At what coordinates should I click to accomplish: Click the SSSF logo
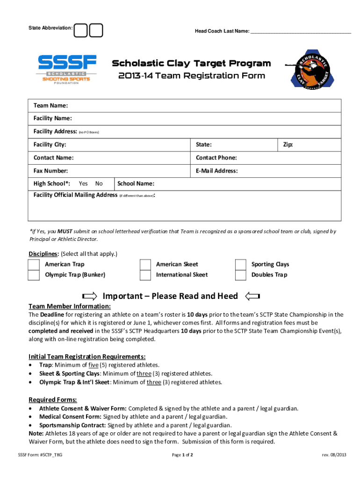(67, 69)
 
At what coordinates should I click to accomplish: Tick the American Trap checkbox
(34, 265)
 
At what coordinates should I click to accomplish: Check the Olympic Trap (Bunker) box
(34, 275)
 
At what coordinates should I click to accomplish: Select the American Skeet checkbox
(145, 265)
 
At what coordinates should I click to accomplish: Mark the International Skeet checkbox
(145, 275)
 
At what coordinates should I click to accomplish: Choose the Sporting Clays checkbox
(241, 265)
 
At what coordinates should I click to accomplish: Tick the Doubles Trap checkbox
(241, 275)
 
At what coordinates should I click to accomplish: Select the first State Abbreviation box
(80, 29)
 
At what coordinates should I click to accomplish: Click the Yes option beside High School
(83, 184)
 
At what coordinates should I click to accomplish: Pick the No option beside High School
(99, 184)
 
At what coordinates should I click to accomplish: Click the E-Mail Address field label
(216, 171)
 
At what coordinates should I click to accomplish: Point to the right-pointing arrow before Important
(89, 296)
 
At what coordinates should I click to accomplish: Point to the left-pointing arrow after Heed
(252, 296)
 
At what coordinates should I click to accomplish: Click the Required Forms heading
(53, 399)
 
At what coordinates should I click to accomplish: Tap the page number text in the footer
(182, 455)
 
